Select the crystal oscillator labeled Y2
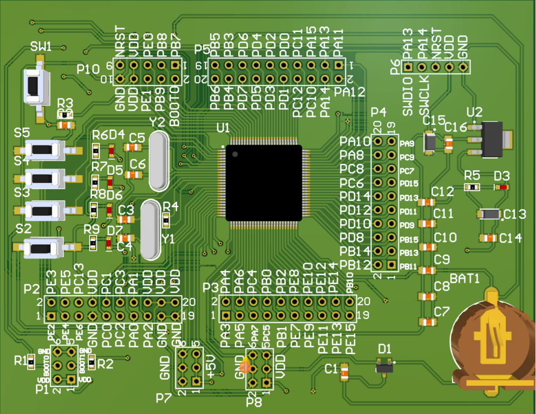tap(158, 161)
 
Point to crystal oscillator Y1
tap(150, 229)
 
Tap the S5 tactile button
tap(45, 150)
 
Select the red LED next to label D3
tap(502, 187)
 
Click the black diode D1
tap(384, 366)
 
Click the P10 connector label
tap(88, 69)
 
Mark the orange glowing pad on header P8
tap(245, 366)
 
